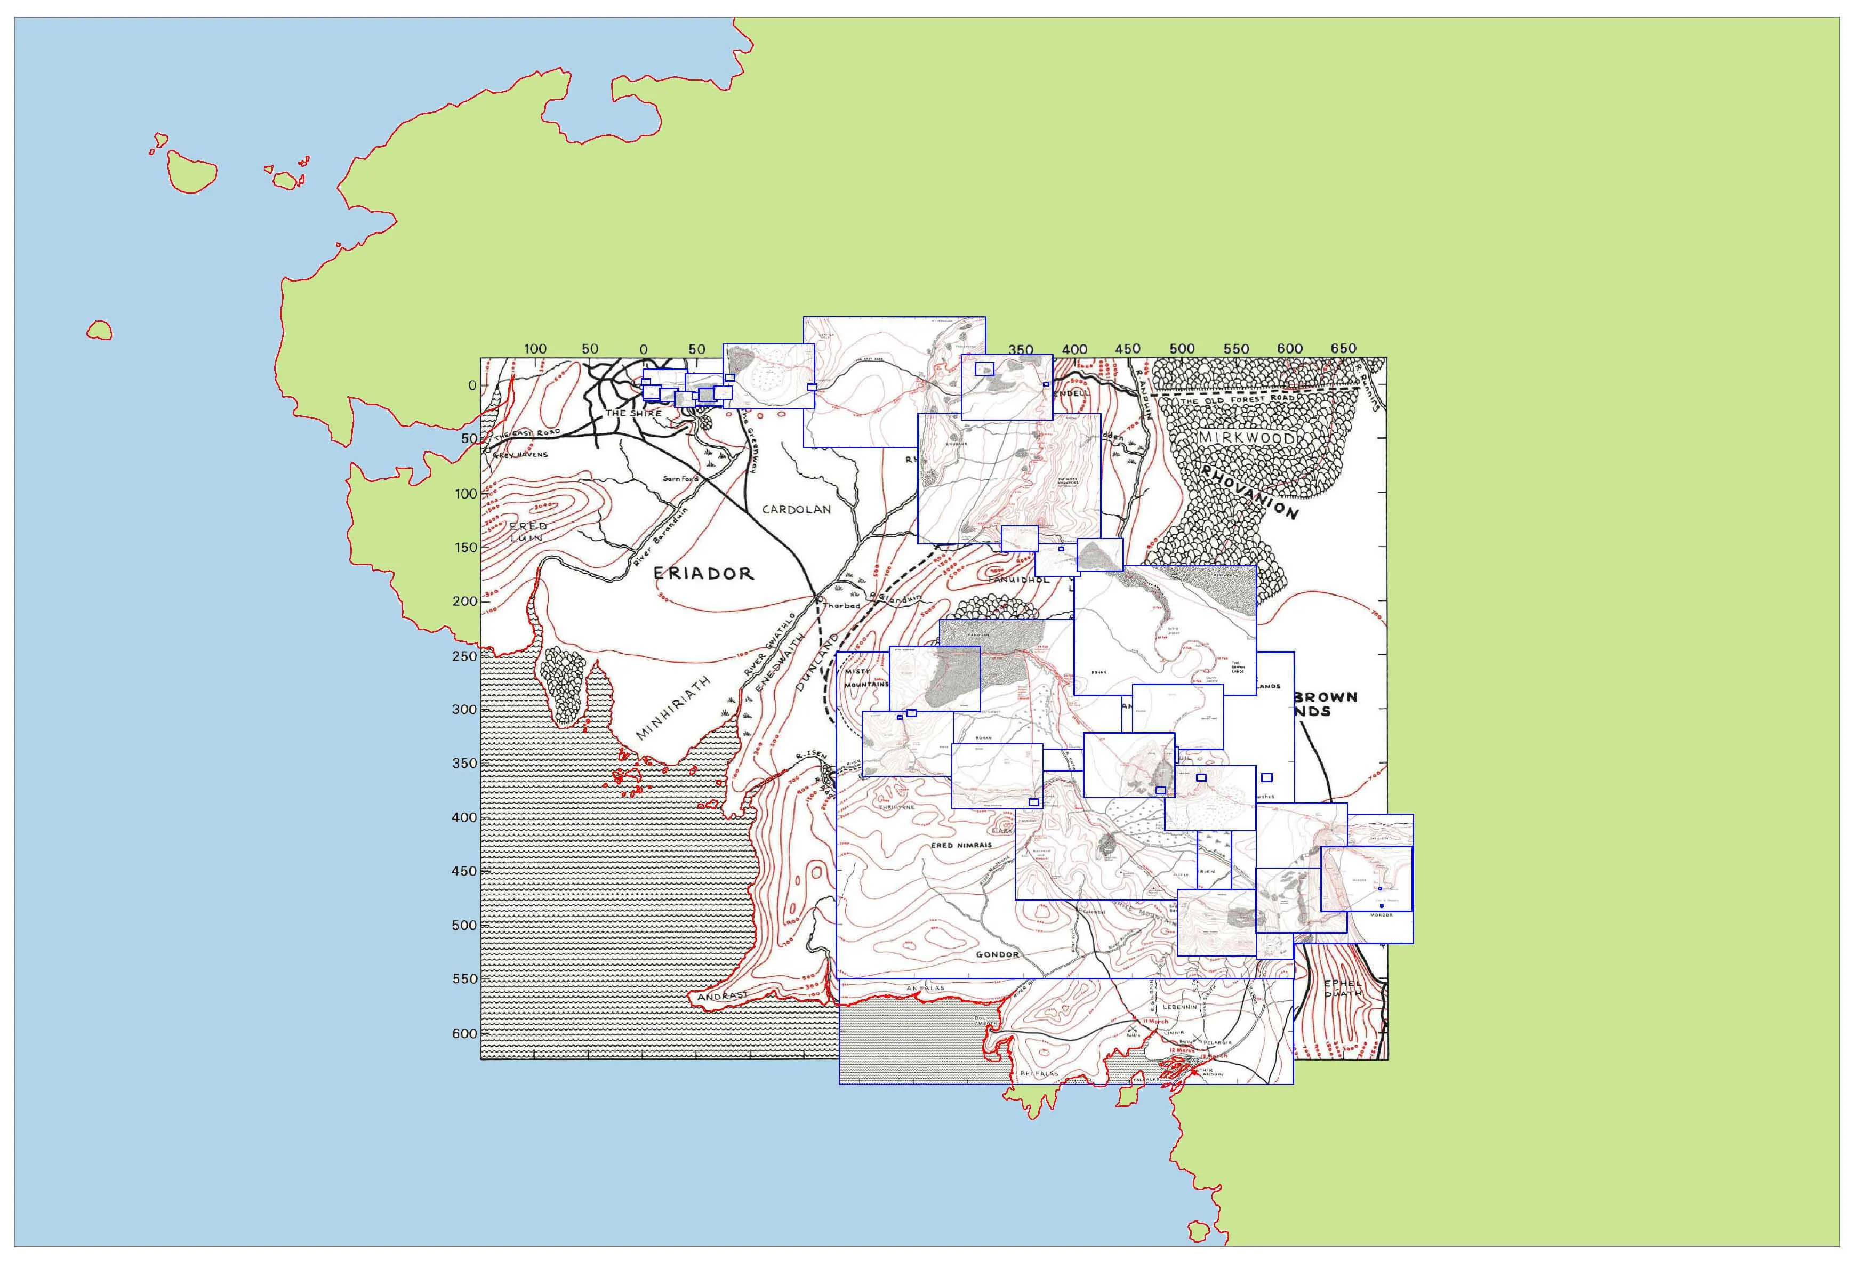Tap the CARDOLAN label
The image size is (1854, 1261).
pos(796,509)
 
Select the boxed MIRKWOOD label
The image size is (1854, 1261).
pos(1246,438)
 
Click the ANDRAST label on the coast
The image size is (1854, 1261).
pos(722,996)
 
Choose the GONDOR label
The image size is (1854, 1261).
pos(997,954)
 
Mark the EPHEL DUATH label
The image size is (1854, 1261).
pos(1343,989)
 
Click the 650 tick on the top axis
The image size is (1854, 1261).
pos(1343,349)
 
